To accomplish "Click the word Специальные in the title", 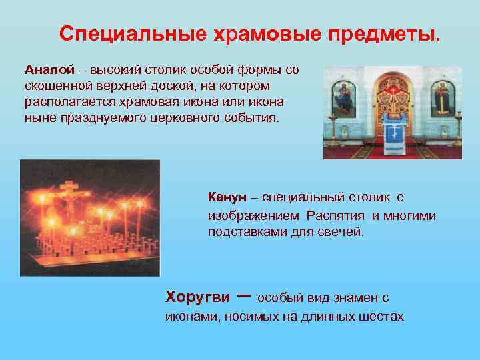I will click(121, 34).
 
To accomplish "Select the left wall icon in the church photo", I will click(343, 97).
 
